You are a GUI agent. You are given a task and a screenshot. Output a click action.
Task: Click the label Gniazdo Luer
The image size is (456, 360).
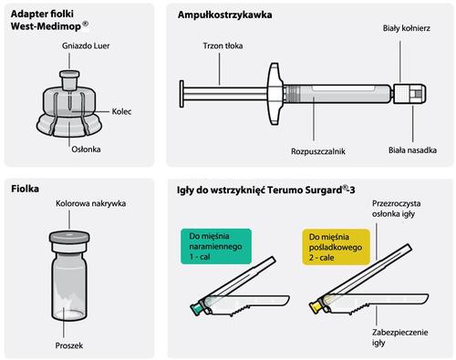pos(86,46)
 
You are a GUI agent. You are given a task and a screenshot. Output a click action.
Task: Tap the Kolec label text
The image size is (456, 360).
pos(121,111)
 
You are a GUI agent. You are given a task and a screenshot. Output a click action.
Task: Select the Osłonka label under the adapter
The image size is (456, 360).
pos(86,149)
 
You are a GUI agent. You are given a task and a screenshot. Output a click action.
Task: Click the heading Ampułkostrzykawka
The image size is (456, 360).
pos(224,15)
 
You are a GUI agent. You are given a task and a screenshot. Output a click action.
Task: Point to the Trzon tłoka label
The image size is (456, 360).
pos(223,46)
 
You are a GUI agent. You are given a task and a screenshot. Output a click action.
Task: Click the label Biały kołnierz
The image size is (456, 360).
pos(407,28)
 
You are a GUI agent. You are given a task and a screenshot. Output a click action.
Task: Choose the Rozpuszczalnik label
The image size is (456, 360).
pos(318,151)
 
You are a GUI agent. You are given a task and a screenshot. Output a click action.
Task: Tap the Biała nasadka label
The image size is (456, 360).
pos(412,150)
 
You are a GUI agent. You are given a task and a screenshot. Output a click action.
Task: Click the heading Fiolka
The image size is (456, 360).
pos(25,189)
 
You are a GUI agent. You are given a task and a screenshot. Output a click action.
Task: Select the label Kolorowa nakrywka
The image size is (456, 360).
pos(90,203)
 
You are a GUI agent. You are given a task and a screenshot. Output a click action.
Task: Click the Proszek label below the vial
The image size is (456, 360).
pos(69,345)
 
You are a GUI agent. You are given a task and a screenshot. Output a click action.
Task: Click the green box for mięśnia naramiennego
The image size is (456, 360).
pos(216,246)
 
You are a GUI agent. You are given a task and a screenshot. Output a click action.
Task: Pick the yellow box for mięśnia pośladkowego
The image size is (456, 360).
pos(336,247)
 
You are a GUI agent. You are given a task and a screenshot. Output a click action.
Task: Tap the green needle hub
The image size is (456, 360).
pos(196,308)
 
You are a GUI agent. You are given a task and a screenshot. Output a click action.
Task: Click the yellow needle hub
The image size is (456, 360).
pos(316,306)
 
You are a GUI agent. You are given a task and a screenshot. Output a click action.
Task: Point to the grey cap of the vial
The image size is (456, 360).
pos(69,237)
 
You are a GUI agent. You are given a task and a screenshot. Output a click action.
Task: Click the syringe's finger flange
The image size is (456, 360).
pos(275,94)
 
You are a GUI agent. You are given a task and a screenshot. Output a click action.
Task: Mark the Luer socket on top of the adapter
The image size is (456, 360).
pos(69,80)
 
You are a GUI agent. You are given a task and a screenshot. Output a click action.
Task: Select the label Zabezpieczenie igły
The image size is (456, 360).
pos(399,337)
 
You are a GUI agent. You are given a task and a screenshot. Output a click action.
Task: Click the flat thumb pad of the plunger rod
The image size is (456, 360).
pos(181,94)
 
